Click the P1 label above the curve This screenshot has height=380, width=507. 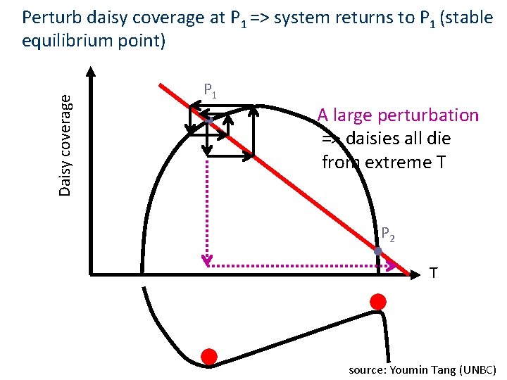point(210,91)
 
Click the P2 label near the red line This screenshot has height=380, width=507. point(388,234)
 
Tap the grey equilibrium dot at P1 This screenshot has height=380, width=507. point(210,122)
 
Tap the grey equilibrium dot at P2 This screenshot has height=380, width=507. point(378,251)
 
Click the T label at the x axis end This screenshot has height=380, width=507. point(433,273)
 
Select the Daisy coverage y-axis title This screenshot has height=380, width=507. point(65,146)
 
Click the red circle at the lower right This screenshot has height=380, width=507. point(378,301)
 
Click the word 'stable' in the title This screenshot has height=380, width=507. point(470,18)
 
